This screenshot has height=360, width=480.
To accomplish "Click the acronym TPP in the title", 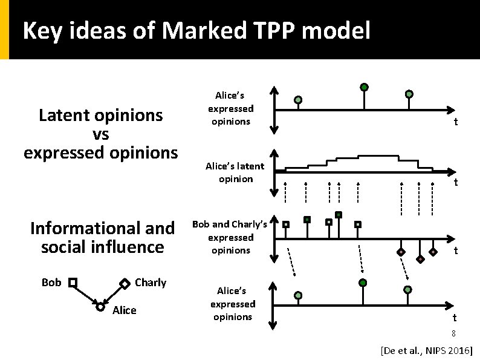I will (273, 30).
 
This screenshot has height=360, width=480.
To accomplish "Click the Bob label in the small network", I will (51, 283).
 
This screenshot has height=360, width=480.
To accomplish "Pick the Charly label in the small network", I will (151, 283).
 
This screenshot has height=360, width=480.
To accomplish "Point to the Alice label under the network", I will (124, 310).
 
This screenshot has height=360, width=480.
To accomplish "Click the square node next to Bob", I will (73, 283).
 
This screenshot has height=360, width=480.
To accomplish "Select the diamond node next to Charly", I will (124, 283).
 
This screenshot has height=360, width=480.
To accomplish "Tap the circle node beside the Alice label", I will (100, 307).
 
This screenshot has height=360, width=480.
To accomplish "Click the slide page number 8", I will (453, 334).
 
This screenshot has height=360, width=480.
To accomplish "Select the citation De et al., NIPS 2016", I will (426, 350).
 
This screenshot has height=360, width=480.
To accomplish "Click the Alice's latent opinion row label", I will (235, 172).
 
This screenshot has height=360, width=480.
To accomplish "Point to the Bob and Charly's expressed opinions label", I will (230, 237).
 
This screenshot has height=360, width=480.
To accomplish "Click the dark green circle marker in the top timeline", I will (364, 87).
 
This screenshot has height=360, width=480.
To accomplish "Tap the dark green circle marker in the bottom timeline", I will (363, 283).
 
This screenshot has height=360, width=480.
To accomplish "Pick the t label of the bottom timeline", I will (455, 317).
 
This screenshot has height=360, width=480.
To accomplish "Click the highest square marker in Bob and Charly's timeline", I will (339, 214).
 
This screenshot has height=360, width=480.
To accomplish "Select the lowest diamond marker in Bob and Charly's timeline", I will (420, 259).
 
